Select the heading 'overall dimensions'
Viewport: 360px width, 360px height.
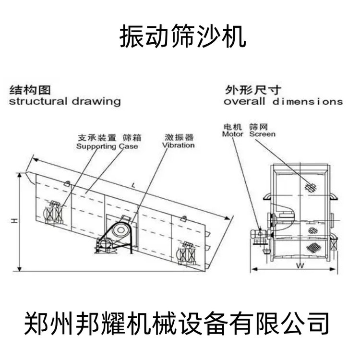pyautogui.click(x=283, y=102)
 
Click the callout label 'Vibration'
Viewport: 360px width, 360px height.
pyautogui.click(x=178, y=145)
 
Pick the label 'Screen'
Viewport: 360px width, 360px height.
pyautogui.click(x=262, y=134)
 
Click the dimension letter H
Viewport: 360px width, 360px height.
pyautogui.click(x=14, y=221)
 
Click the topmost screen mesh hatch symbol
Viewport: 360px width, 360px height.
pyautogui.click(x=311, y=186)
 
